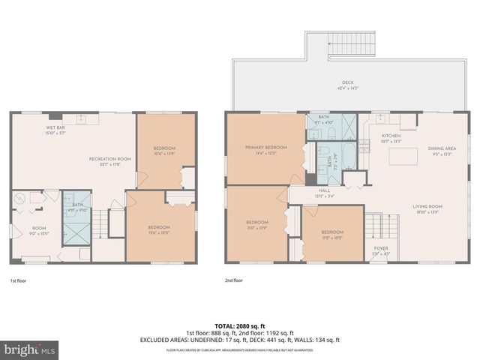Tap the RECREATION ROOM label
(109, 158)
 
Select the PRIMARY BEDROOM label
(266, 148)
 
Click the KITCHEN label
(391, 136)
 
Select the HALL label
(324, 190)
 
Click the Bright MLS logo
(30, 349)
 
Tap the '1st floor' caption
(19, 280)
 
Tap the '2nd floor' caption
(233, 280)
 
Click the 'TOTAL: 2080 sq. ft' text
(239, 325)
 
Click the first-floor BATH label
(77, 205)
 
